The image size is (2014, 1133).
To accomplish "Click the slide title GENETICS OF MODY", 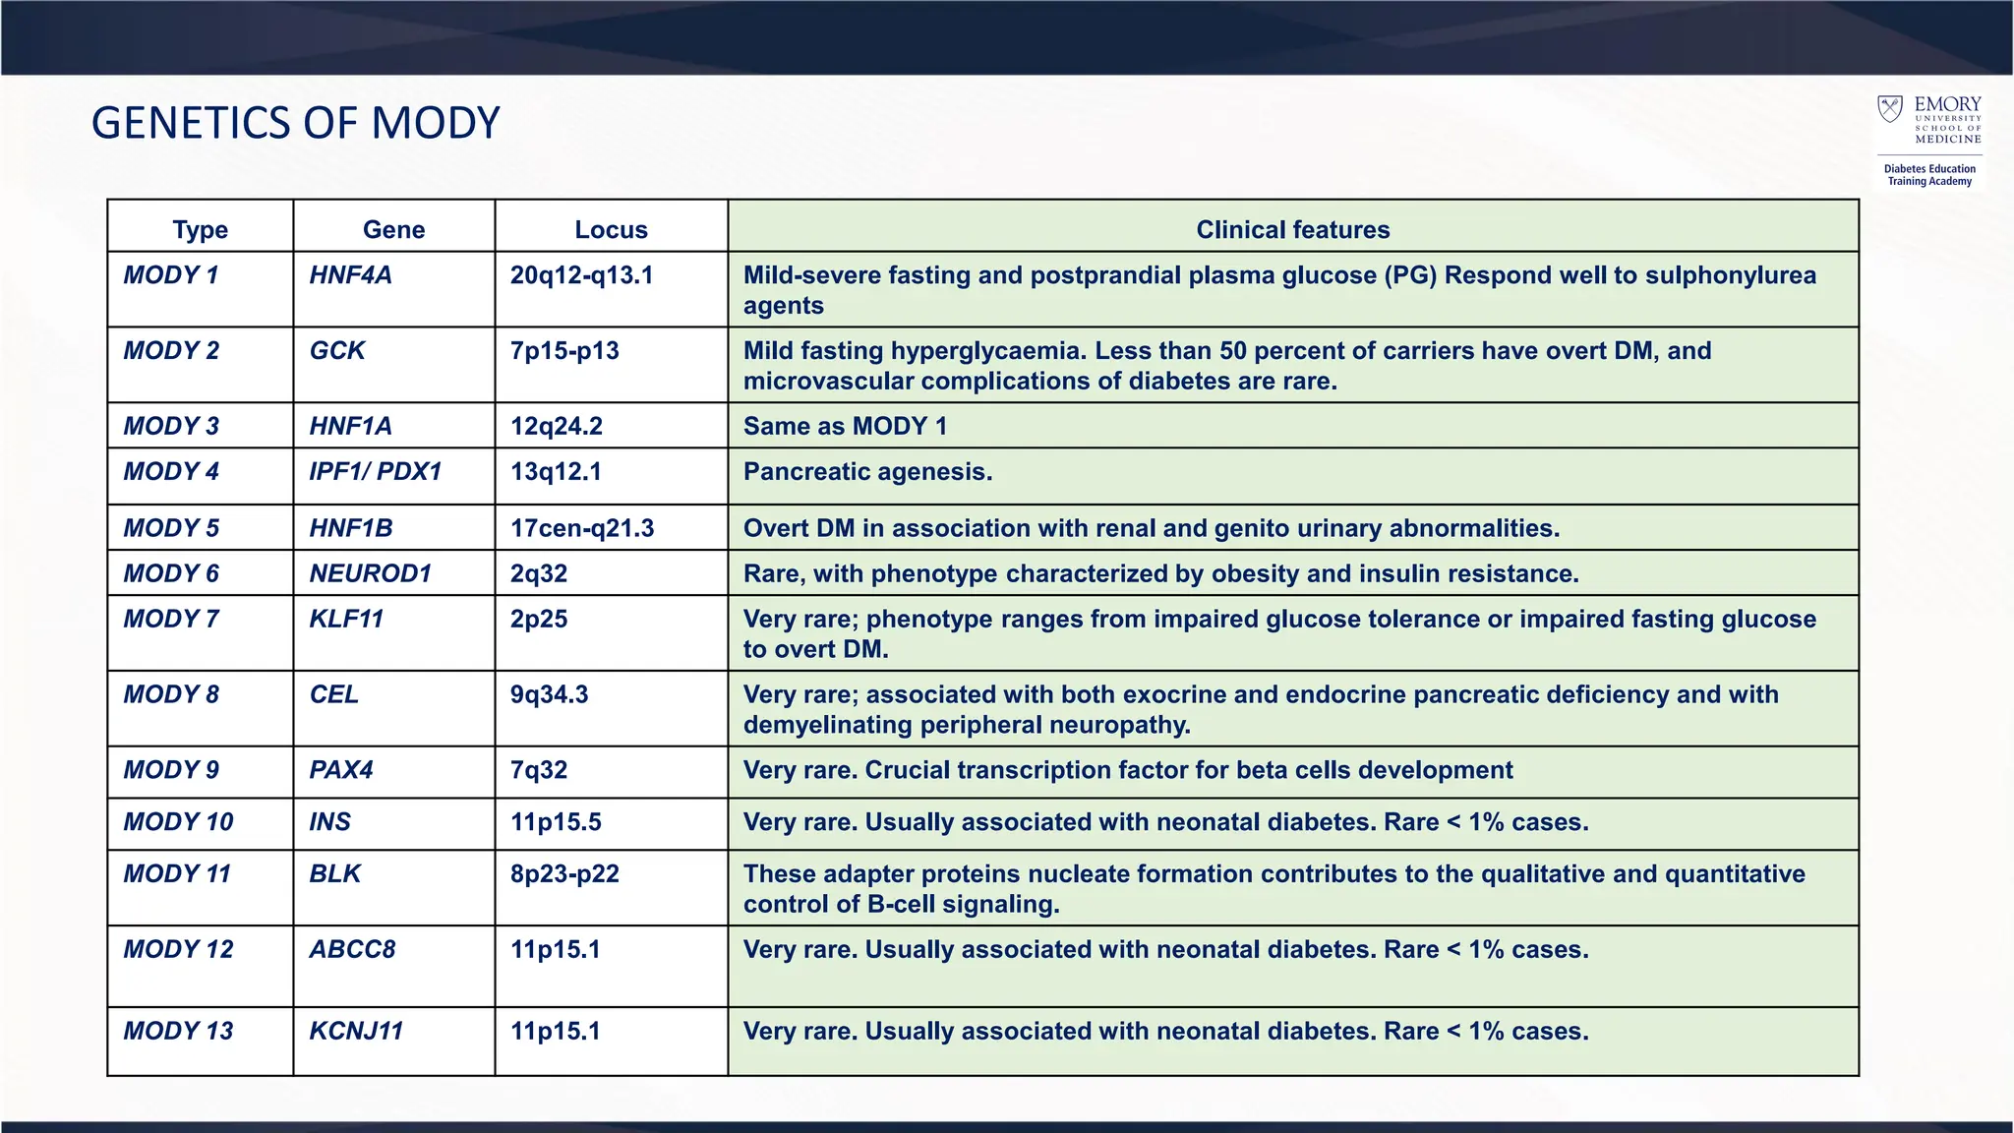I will point(295,124).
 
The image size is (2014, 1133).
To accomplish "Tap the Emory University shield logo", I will point(1889,109).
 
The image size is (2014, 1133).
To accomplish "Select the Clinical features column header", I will point(1292,229).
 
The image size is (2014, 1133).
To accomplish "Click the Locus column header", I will point(611,229).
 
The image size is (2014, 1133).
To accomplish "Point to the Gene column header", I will point(393,229).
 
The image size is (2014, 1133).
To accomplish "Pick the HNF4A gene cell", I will point(350,275).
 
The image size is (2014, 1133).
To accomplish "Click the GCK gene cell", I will point(336,351).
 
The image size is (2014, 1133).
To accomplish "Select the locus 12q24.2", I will point(556,427).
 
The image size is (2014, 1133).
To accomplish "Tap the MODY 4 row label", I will point(170,472).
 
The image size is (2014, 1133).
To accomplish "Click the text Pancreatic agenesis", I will point(867,472).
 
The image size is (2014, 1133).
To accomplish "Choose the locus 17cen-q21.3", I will point(581,529).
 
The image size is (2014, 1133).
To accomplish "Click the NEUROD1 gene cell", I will point(370,574).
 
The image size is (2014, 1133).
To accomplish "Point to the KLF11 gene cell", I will point(346,620).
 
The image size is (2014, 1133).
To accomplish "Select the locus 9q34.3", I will point(549,695).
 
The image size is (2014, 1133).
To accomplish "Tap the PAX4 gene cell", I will point(340,770).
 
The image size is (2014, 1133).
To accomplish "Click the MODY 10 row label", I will point(178,822).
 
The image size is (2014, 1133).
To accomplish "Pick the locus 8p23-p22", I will point(564,874).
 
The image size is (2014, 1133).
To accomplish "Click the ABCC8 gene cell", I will point(352,950).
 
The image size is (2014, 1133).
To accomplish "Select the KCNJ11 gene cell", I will point(356,1032).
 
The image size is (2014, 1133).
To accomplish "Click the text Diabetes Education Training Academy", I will point(1928,175).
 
